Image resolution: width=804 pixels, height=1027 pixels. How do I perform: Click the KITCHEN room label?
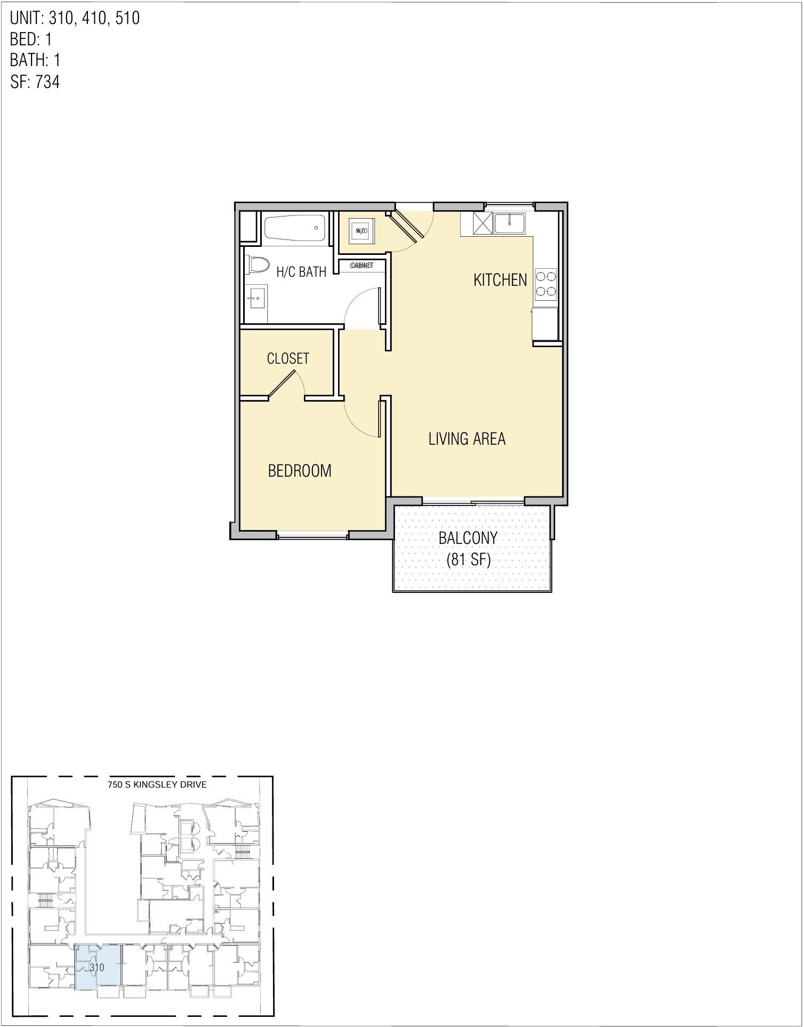point(500,280)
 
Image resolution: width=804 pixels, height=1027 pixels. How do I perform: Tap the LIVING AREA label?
point(467,439)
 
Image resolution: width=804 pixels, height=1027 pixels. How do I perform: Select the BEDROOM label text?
point(300,471)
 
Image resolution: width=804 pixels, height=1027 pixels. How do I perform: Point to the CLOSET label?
point(288,358)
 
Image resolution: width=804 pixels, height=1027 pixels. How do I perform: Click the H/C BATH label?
point(301,272)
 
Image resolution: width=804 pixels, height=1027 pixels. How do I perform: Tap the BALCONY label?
point(468,538)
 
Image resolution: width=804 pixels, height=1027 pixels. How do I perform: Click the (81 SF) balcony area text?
point(468,560)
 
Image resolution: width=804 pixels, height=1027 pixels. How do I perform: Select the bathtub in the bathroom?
point(295,228)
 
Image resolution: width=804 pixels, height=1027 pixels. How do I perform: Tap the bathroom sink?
point(256,298)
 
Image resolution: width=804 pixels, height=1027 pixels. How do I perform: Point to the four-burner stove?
point(546,284)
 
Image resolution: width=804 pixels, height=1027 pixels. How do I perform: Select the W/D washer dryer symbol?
point(361,231)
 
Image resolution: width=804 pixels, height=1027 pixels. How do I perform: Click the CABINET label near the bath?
point(361,266)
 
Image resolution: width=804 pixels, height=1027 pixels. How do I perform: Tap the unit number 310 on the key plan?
point(97,967)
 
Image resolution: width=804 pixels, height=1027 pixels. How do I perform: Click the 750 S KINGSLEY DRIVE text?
point(157,784)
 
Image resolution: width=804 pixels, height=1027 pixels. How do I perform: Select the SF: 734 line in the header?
point(35,82)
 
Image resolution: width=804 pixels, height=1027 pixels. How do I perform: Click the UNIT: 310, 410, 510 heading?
point(75,18)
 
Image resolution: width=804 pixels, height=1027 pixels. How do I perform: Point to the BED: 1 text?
point(31,39)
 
